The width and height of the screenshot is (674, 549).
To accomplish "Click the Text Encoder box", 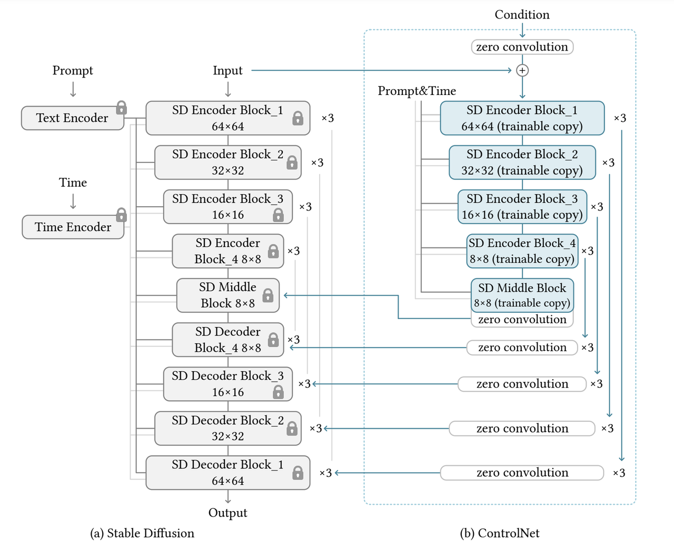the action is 73,118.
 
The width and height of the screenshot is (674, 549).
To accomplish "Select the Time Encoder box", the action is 73,227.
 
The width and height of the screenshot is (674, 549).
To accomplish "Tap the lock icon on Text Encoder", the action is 122,108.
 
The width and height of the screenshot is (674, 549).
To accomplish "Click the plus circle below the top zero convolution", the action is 522,70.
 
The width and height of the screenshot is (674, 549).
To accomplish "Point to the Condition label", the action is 522,15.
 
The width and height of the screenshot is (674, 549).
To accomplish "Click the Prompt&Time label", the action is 417,91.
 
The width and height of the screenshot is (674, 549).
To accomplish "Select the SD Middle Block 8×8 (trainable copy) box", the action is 522,295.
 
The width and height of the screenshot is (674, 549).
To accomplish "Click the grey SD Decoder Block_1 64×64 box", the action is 228,473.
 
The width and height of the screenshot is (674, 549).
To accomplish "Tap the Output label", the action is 228,513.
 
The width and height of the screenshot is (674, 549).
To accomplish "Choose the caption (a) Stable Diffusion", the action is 142,533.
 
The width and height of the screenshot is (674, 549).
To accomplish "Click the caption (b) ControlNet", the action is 500,533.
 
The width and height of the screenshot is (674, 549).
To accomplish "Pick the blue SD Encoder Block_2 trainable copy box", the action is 522,162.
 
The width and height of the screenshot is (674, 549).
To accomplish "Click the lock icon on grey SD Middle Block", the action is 267,295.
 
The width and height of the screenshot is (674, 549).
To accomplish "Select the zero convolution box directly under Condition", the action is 522,47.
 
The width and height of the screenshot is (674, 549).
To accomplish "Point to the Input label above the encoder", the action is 227,70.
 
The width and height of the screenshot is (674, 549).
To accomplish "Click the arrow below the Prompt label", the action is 73,89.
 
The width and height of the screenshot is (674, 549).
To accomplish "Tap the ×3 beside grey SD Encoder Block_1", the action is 328,118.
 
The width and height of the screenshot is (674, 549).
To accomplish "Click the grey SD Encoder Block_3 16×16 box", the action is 228,207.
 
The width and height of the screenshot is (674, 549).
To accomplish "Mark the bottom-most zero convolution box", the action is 522,473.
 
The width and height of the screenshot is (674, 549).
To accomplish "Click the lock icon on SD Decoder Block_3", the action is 278,392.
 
